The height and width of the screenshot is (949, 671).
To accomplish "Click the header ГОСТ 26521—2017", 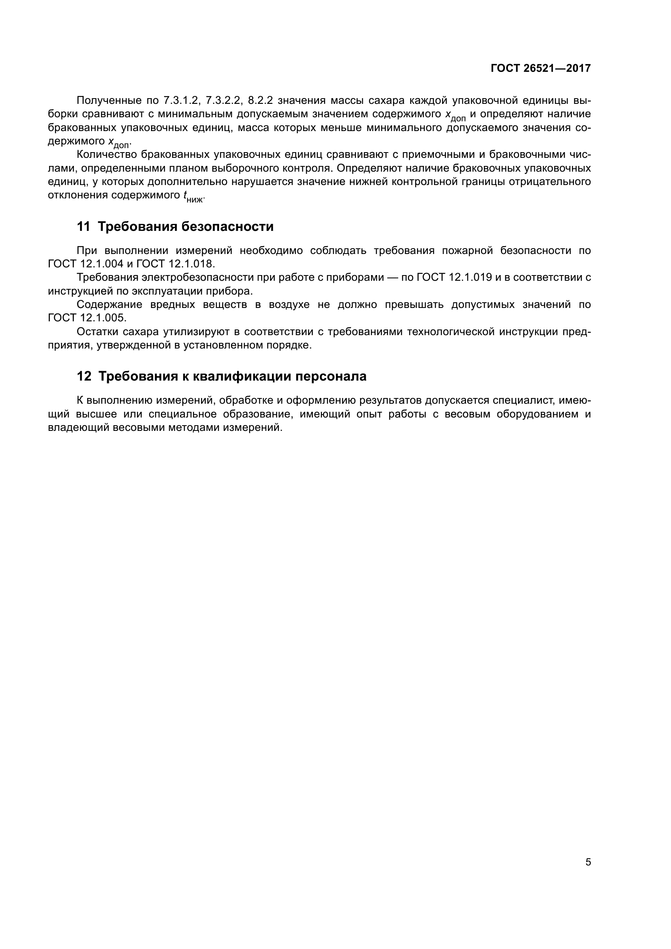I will pos(540,68).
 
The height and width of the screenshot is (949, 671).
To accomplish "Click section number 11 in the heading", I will pos(83,227).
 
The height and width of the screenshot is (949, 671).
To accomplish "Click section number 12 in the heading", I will pos(84,377).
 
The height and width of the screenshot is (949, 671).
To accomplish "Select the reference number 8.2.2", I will pos(260,101).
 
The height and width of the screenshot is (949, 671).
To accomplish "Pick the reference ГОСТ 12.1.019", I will pos(454,278).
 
